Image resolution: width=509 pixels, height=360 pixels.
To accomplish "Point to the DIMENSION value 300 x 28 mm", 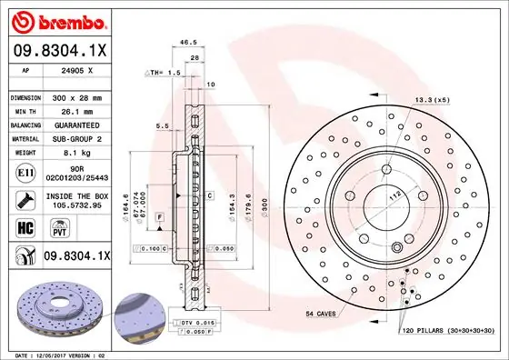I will coord(78,95).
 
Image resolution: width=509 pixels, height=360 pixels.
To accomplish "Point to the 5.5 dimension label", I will coord(162,125).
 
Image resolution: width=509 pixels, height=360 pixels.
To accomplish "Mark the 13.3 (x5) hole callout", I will coord(432,98).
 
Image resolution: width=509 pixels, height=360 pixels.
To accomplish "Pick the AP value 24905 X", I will coord(76,69).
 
